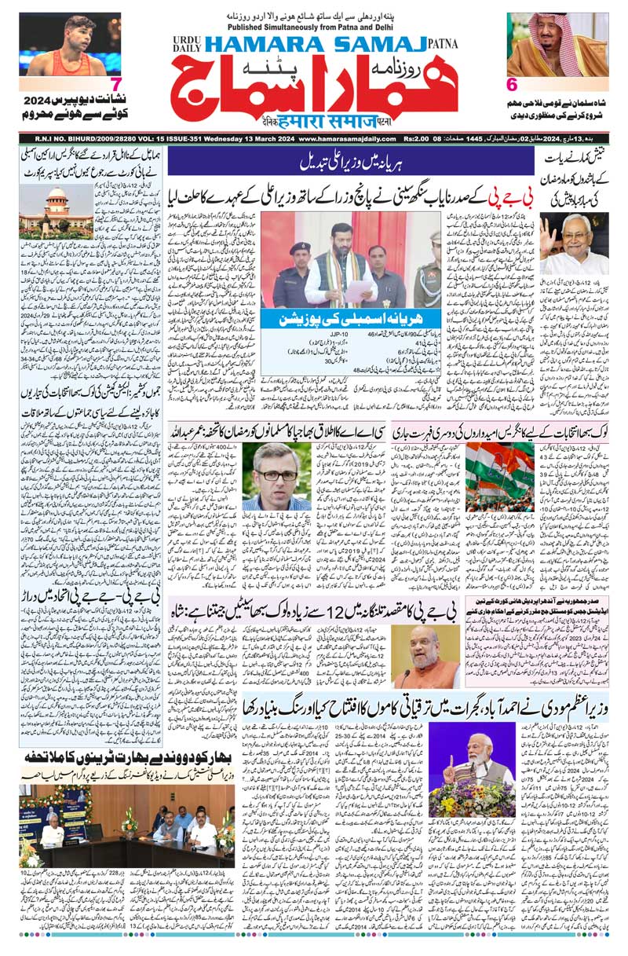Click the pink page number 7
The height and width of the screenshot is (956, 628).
(x=116, y=85)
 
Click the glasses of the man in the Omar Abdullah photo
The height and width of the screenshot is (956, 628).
(x=265, y=475)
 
